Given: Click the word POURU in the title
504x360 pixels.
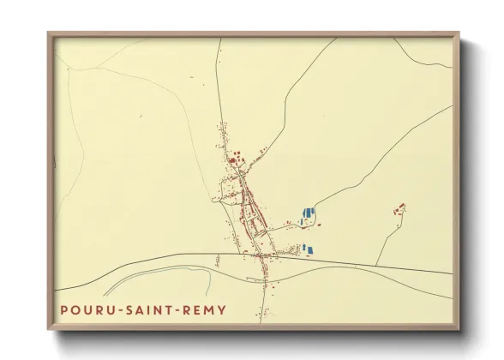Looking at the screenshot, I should [x=85, y=309].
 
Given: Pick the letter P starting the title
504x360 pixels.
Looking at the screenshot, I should [x=63, y=309].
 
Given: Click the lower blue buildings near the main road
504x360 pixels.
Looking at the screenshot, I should [x=307, y=249].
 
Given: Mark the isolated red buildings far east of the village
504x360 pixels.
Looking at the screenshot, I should [x=399, y=207].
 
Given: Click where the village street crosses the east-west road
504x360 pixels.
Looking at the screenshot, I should [x=261, y=255].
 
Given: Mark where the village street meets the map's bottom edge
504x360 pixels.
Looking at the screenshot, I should [x=259, y=321].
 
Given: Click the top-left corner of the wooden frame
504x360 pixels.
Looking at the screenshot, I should [x=50, y=34].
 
